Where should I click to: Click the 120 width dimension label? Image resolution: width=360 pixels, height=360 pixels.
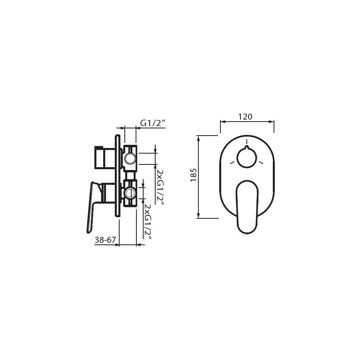[x=245, y=117]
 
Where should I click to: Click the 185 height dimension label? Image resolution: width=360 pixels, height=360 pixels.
[x=194, y=175]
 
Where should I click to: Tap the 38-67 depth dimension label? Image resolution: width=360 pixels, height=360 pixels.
[x=105, y=240]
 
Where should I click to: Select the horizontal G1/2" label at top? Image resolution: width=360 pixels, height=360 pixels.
[x=153, y=123]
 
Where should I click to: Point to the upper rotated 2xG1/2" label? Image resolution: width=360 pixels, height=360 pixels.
[x=160, y=188]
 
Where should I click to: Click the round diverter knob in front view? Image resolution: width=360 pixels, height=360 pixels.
[x=246, y=157]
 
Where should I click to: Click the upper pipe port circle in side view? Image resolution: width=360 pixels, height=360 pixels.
[x=130, y=158]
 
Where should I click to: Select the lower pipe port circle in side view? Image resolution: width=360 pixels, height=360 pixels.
[x=130, y=192]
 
